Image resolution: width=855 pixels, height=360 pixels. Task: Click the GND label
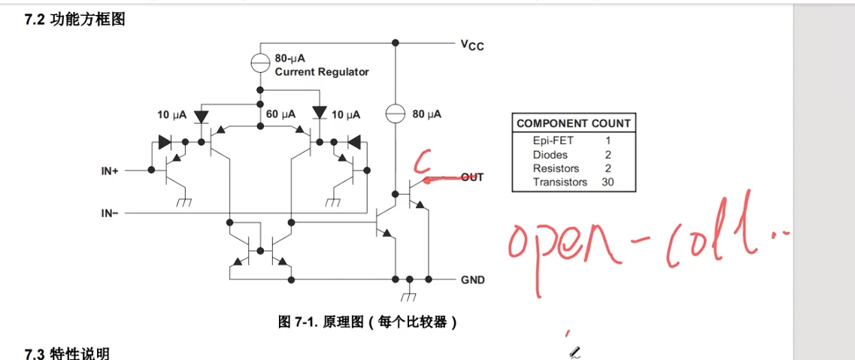tap(473, 280)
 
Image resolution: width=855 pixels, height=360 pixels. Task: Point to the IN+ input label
tap(110, 171)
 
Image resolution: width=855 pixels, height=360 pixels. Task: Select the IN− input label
tap(110, 213)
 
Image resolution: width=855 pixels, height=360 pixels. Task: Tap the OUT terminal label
tap(472, 177)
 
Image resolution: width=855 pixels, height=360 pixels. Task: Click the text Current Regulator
tap(322, 72)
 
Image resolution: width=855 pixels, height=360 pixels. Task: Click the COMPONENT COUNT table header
tap(574, 123)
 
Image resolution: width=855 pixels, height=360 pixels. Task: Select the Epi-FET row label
tap(553, 141)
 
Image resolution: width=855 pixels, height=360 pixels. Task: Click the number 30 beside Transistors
tap(608, 182)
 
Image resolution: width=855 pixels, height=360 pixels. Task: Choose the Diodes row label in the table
tap(550, 155)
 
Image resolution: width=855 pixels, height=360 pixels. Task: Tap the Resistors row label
tap(556, 168)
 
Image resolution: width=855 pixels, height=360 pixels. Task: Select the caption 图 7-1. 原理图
tap(368, 322)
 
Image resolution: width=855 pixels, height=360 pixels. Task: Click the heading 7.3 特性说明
tap(67, 353)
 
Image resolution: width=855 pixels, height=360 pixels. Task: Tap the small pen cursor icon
tap(575, 352)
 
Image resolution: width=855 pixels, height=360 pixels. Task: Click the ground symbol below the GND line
tap(409, 288)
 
